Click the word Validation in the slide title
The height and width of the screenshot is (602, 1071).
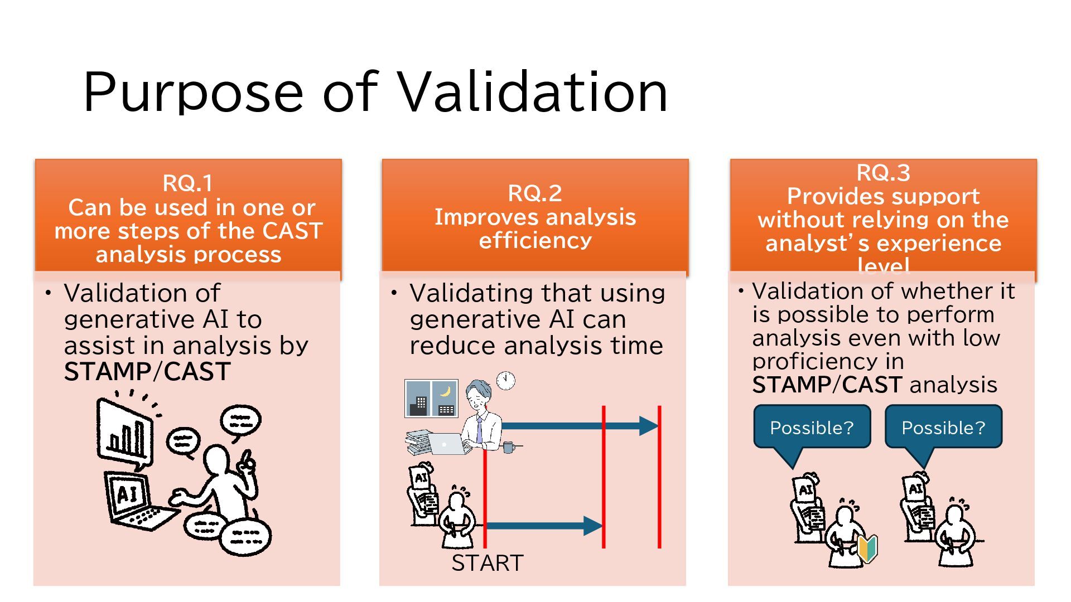point(533,92)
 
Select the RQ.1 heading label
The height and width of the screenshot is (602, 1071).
point(187,183)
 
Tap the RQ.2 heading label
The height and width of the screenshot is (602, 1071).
point(534,193)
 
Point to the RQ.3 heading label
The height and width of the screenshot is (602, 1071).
point(883,173)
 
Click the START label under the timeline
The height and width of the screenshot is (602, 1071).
point(487,563)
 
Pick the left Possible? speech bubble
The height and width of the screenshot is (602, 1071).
point(812,428)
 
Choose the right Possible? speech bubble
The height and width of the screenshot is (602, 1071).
point(943,428)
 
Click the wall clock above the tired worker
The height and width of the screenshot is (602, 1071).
point(505,380)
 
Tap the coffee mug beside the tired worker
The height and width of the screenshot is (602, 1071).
point(509,446)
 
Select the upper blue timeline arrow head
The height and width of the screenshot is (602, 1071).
point(648,426)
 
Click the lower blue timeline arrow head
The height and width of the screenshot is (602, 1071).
point(592,525)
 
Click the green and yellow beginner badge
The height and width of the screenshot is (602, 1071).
point(867,548)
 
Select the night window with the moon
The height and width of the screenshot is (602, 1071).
point(445,398)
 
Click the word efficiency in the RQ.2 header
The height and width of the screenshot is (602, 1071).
point(535,241)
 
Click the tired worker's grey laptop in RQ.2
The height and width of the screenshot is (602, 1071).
point(446,444)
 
